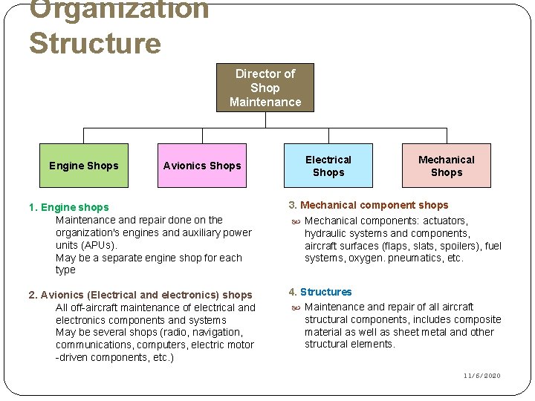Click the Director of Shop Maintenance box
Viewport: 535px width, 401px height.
coord(265,88)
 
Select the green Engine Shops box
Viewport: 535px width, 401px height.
coord(83,166)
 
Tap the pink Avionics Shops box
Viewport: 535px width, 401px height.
coord(202,166)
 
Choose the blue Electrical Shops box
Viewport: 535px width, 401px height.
coord(328,166)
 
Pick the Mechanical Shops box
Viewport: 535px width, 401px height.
coord(446,166)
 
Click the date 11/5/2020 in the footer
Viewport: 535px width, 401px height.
coord(482,376)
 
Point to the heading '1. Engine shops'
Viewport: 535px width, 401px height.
coord(68,207)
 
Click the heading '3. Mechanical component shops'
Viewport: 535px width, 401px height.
coord(369,205)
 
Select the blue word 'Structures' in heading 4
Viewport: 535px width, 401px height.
coord(325,292)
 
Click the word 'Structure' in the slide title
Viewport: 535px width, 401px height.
coord(94,43)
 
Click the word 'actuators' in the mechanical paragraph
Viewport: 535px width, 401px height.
coord(445,221)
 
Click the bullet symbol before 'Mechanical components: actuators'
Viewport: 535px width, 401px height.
coord(294,221)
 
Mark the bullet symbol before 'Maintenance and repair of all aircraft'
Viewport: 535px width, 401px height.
coord(294,307)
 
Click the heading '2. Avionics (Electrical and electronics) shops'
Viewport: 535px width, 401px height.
coord(140,295)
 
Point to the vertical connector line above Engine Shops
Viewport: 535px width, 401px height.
coord(83,135)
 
